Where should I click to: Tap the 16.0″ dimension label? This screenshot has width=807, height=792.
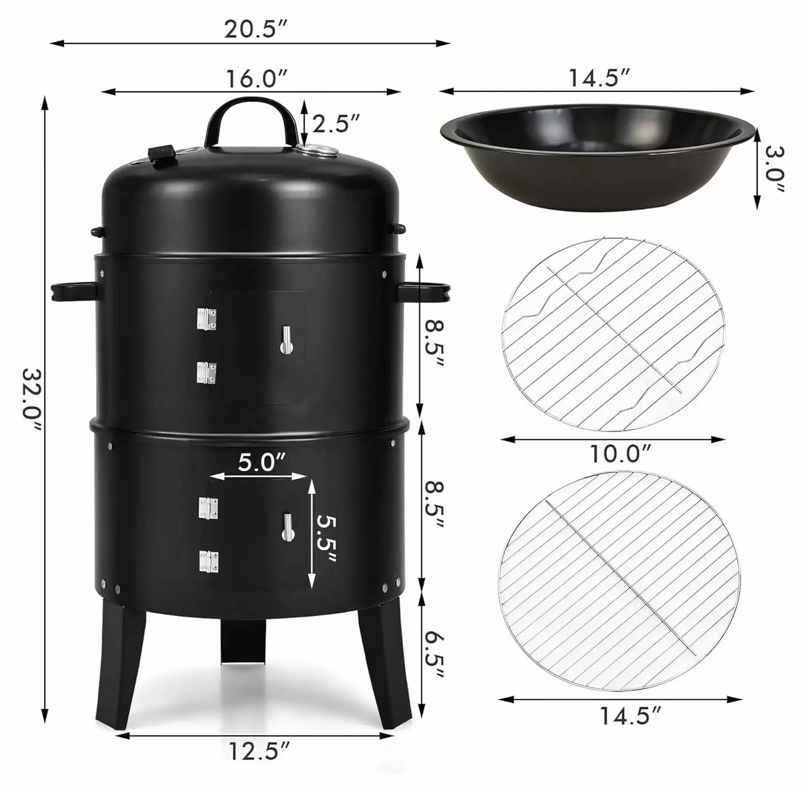click(x=257, y=78)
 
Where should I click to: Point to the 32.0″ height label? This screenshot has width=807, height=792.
click(x=32, y=401)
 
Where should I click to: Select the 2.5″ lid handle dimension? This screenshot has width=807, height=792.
click(x=336, y=123)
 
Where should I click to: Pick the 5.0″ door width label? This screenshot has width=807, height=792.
click(x=262, y=463)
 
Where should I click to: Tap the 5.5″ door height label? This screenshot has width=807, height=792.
click(x=327, y=539)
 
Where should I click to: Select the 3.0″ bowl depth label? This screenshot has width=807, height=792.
click(x=773, y=169)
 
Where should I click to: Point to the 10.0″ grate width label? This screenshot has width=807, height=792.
click(x=620, y=454)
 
